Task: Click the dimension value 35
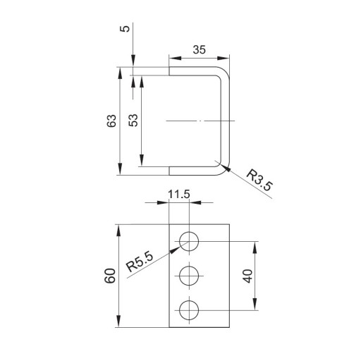pyautogui.click(x=199, y=49)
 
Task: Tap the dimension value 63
pyautogui.click(x=111, y=121)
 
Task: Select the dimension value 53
pyautogui.click(x=133, y=121)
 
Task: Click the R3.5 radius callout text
pyautogui.click(x=259, y=180)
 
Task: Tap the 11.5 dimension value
pyautogui.click(x=179, y=195)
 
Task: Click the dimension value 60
pyautogui.click(x=110, y=276)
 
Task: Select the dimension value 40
pyautogui.click(x=248, y=276)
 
